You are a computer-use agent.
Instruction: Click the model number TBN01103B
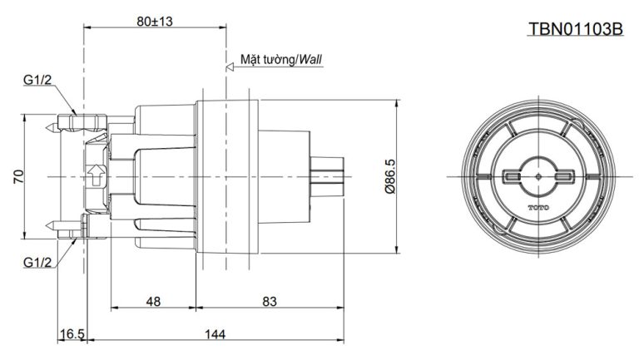576,29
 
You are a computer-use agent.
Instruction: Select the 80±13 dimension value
155,21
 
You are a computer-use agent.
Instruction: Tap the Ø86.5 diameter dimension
390,176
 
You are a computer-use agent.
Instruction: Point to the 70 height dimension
19,176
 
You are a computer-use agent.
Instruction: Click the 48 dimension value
153,301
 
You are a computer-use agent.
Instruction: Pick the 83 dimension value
270,301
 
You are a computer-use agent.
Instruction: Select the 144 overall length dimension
215,334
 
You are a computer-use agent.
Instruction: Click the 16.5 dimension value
72,334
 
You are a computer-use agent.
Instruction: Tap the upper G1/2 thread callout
37,80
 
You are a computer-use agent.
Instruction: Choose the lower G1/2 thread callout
37,262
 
